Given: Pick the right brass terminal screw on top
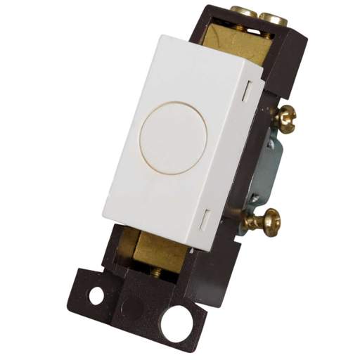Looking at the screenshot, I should click(274, 18).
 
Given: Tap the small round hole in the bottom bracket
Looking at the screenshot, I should click(96, 295).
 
